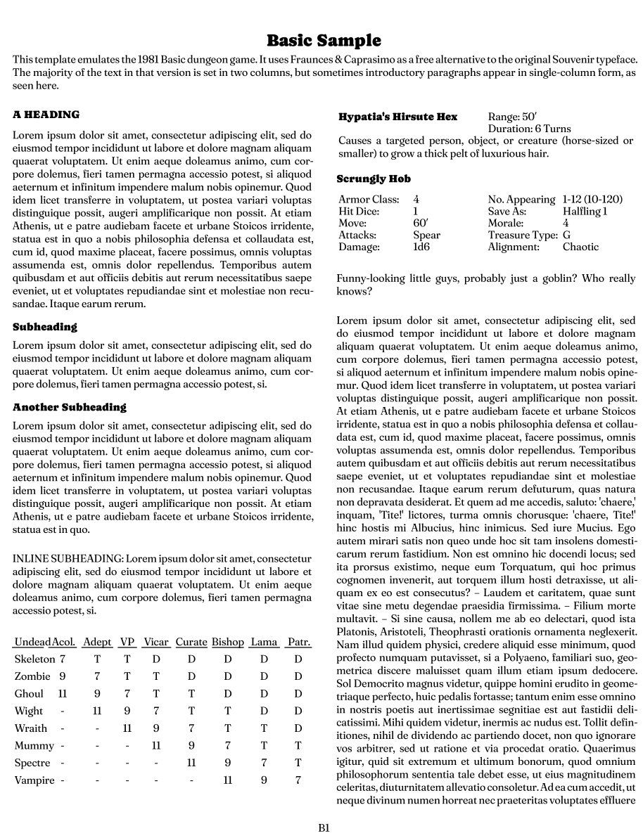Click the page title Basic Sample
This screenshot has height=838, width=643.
point(324,40)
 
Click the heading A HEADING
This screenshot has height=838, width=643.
point(46,115)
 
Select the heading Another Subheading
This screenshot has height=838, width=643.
point(70,407)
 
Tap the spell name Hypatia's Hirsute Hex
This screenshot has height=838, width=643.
point(397,117)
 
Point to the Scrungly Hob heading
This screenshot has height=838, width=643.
point(374,179)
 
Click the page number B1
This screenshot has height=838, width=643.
point(324,827)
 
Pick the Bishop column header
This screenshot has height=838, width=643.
point(228,642)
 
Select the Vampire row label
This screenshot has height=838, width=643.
point(34,780)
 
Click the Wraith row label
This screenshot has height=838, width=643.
point(31,728)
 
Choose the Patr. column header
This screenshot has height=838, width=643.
point(299,642)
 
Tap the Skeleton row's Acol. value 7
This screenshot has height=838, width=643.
point(63,659)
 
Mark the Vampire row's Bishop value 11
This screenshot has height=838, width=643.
point(228,780)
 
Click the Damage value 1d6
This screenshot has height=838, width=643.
point(421,247)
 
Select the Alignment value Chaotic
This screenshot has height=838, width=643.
point(580,247)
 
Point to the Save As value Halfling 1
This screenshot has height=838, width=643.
point(585,211)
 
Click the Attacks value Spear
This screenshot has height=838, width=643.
point(426,235)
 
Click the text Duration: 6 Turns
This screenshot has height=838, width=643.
point(529,129)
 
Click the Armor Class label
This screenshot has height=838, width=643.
point(369,199)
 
